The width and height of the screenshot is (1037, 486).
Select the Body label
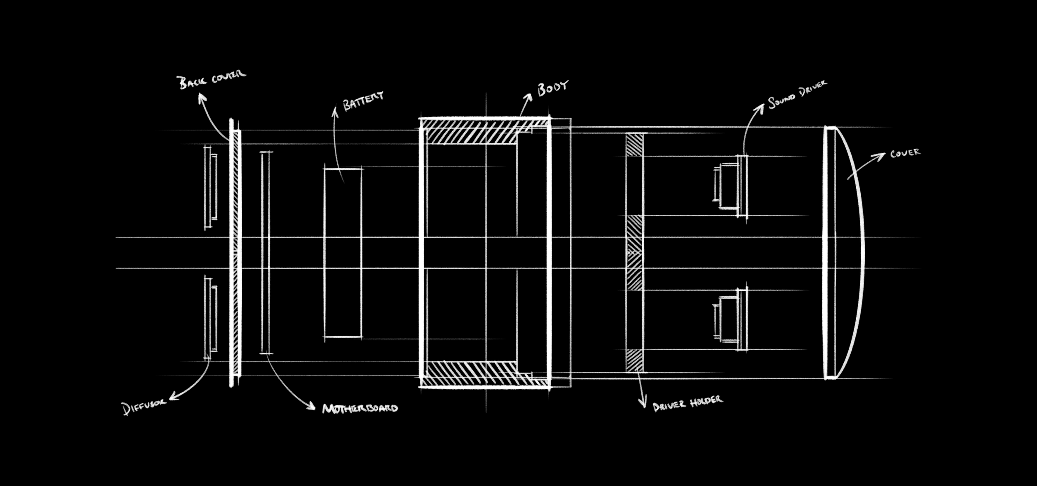(552, 88)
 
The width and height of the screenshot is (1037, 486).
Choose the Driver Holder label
(688, 403)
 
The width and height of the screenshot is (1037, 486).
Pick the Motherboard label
(360, 408)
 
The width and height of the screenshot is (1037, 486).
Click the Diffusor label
(144, 406)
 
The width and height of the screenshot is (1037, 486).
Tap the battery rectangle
(343, 253)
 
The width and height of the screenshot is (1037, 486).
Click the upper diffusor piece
(210, 187)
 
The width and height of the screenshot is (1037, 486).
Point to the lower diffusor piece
(210, 318)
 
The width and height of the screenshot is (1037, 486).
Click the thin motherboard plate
(265, 253)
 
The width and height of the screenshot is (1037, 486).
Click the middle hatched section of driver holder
(634, 253)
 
